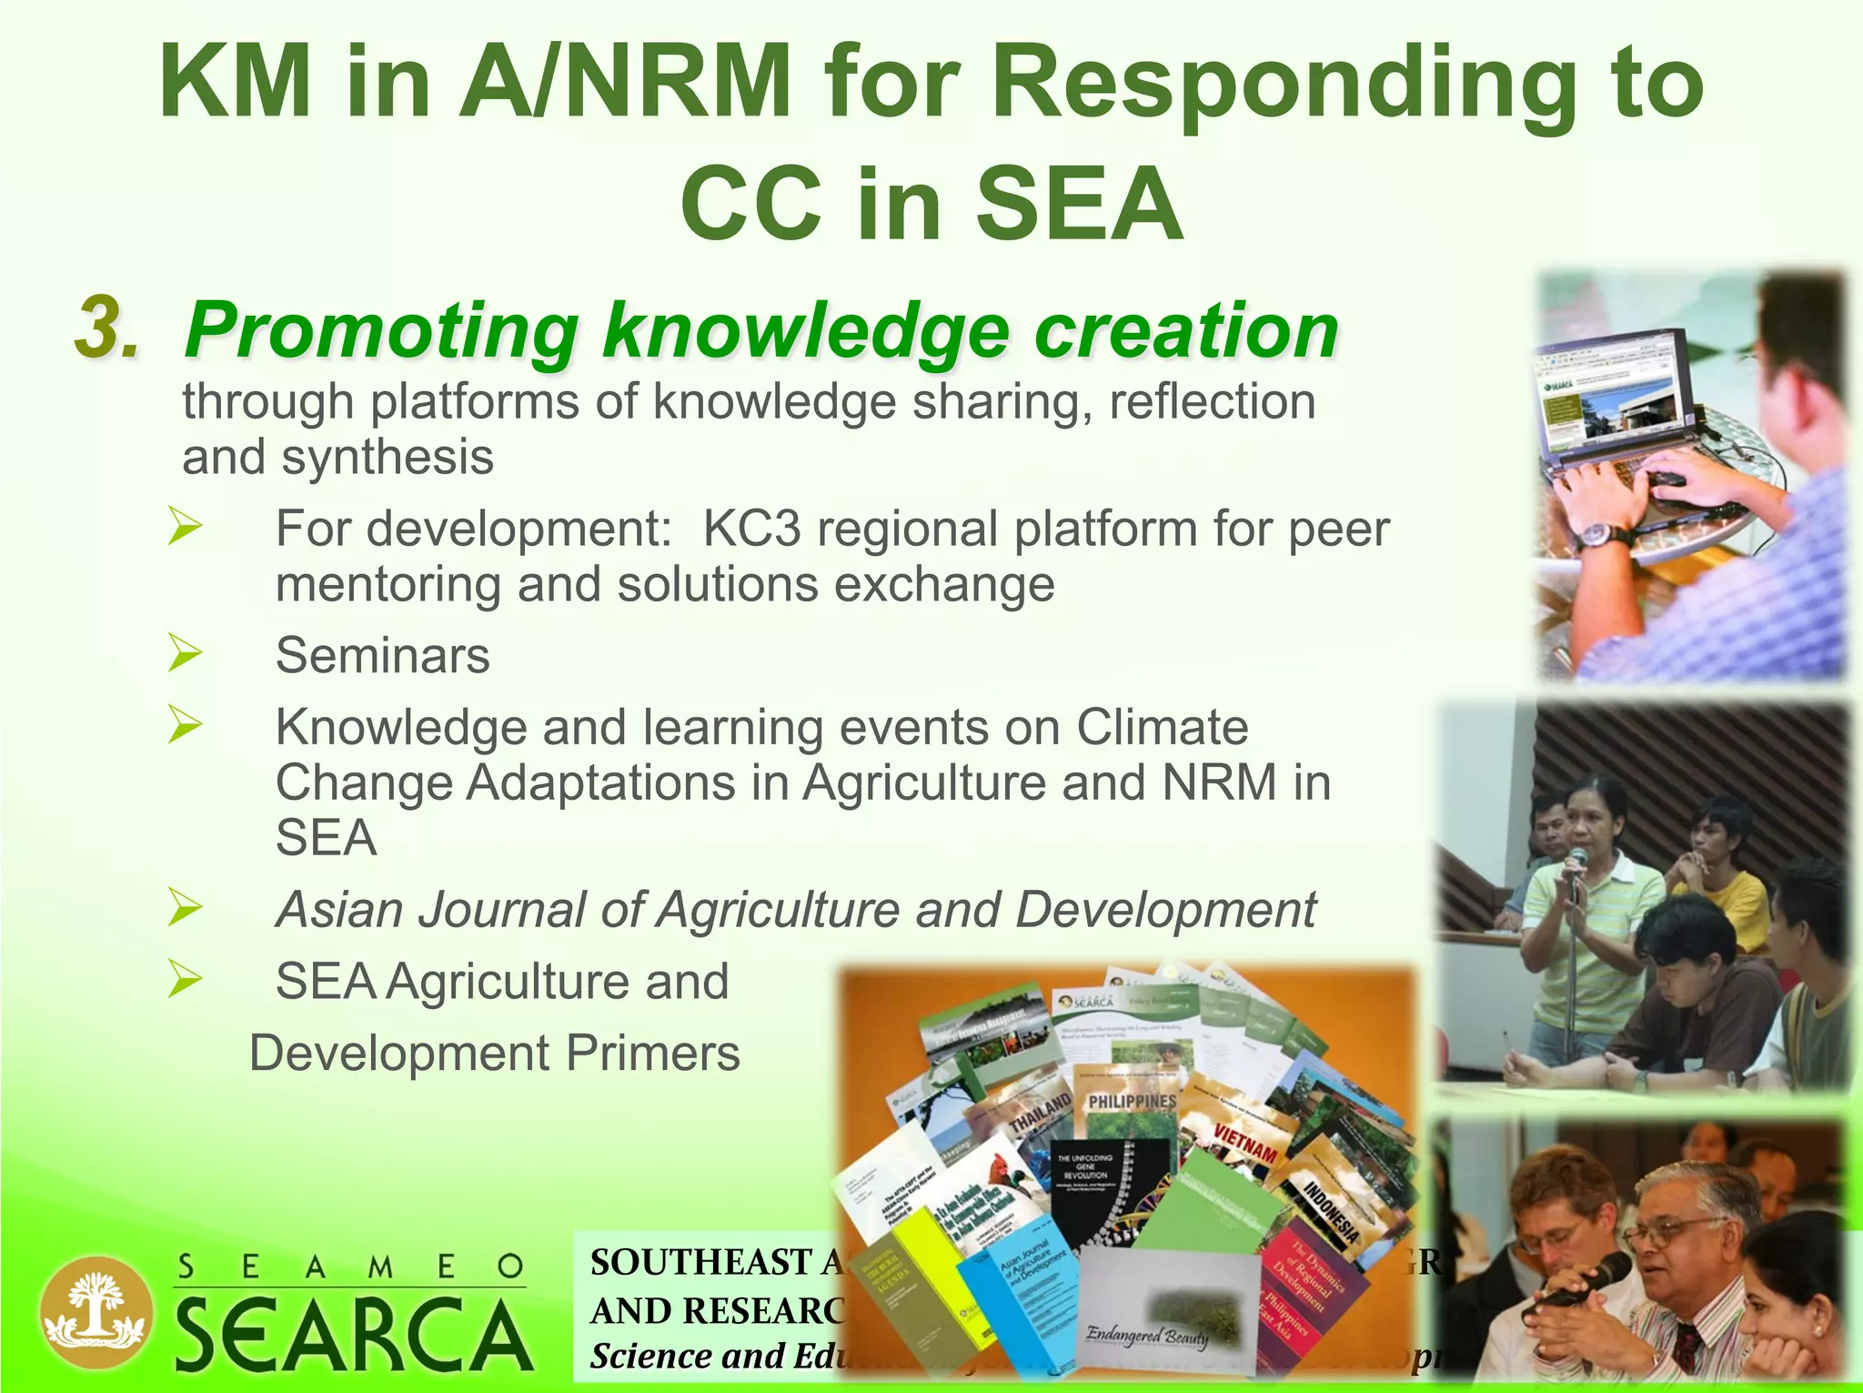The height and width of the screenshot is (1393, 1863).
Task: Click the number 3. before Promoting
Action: (107, 328)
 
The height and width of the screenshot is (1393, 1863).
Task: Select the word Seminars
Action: (382, 655)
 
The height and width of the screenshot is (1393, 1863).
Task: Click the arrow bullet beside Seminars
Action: (185, 654)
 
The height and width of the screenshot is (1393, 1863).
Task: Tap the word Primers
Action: (652, 1053)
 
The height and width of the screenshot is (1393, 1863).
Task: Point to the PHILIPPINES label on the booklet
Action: (1132, 1101)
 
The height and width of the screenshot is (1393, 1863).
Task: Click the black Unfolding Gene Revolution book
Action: (1106, 1192)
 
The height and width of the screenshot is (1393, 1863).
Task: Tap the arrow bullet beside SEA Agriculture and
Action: (185, 980)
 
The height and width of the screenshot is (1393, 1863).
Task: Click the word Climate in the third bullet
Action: (1162, 727)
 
